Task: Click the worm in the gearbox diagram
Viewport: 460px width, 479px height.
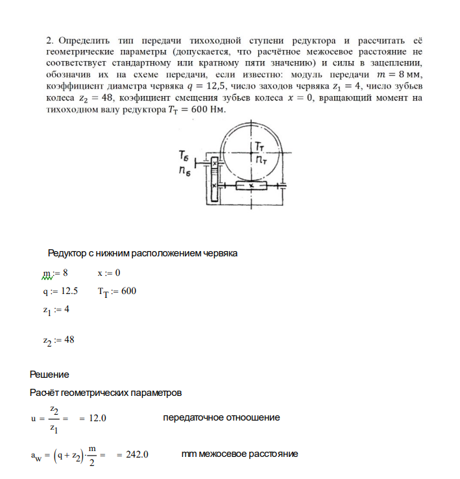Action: point(250,186)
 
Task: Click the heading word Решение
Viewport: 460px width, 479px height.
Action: point(49,375)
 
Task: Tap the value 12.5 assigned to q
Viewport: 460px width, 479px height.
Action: point(69,291)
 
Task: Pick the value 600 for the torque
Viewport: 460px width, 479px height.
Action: point(128,291)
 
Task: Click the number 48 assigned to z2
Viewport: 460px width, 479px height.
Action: point(70,339)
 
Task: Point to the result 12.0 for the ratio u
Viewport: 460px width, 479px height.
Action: point(97,418)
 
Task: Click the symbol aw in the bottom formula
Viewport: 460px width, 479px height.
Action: point(36,455)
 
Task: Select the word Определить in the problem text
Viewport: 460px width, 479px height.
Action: point(88,40)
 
